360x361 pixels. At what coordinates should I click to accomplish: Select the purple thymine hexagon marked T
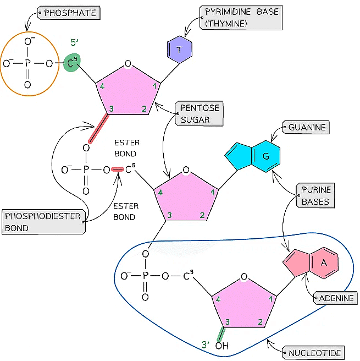(180, 50)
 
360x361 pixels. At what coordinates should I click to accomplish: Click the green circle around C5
(70, 64)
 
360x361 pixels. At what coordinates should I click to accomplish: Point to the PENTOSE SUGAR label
(196, 114)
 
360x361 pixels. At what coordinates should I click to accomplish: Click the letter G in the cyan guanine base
(265, 157)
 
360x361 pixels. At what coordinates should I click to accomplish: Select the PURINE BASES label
(316, 195)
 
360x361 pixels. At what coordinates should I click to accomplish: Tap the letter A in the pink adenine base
(324, 264)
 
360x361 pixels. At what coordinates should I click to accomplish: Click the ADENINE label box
(335, 298)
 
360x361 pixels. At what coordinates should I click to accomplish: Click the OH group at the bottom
(221, 346)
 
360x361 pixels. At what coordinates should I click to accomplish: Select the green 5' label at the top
(76, 41)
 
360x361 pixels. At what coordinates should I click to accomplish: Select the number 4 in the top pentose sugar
(102, 86)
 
